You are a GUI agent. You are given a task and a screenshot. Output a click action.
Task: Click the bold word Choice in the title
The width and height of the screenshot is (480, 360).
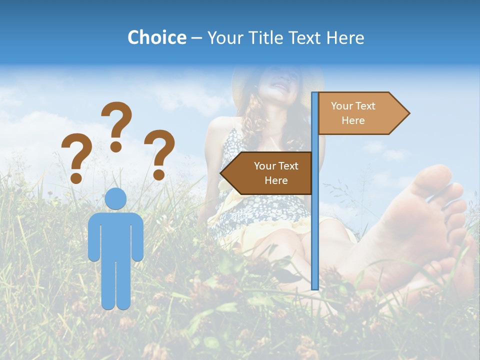(x=156, y=37)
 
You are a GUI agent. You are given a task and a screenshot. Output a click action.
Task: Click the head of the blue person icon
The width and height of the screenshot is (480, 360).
(x=116, y=198)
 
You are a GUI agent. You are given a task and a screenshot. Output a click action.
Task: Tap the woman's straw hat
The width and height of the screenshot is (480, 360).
(x=240, y=85)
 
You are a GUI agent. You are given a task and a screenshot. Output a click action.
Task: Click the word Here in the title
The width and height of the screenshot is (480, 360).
(x=345, y=37)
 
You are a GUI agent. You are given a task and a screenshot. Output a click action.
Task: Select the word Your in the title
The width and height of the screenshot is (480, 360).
(x=224, y=37)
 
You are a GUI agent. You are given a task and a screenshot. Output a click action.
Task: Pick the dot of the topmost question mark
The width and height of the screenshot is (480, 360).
(x=116, y=146)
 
